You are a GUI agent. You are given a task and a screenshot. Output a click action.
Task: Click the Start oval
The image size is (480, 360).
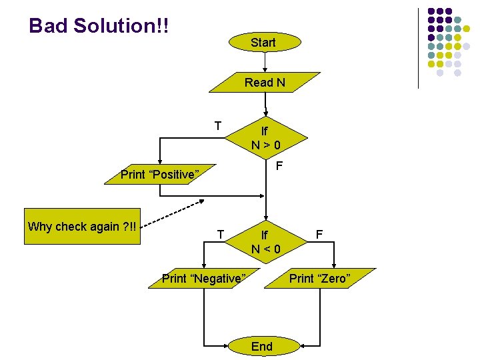click(x=263, y=43)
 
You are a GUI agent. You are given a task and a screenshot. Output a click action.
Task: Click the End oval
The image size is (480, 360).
click(x=262, y=346)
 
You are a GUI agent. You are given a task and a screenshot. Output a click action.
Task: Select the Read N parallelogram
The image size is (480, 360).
click(x=265, y=83)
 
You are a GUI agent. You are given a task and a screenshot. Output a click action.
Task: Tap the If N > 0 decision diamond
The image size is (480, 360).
click(x=265, y=138)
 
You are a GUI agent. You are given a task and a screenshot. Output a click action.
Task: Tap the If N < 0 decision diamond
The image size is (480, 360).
click(x=265, y=242)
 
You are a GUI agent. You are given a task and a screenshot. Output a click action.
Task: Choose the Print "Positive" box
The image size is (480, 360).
click(x=160, y=175)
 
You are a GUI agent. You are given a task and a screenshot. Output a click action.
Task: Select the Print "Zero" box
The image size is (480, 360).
click(x=319, y=279)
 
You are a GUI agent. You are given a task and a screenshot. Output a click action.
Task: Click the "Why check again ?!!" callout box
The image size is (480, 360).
click(x=82, y=227)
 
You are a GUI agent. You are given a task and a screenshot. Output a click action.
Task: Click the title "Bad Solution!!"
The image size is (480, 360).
click(x=99, y=26)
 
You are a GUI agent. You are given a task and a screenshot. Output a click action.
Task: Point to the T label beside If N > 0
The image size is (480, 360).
click(x=218, y=125)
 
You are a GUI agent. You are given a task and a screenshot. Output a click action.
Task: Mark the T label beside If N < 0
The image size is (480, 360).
click(x=221, y=233)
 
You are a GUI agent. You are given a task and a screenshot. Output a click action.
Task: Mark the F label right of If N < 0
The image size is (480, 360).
click(x=319, y=234)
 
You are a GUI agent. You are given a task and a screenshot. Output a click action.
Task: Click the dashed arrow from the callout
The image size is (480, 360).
click(x=173, y=212)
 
